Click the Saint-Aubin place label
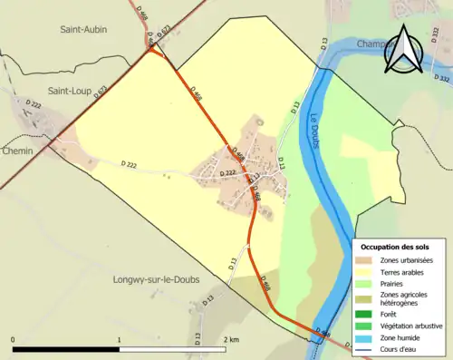(x=83, y=29)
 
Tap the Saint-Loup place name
(x=72, y=91)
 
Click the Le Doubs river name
(x=313, y=140)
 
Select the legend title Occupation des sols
(x=396, y=247)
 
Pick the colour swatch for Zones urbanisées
(x=367, y=261)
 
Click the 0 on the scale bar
(x=14, y=340)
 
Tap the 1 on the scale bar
(x=119, y=340)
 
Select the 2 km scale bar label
(x=230, y=340)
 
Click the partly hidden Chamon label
(x=373, y=44)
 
